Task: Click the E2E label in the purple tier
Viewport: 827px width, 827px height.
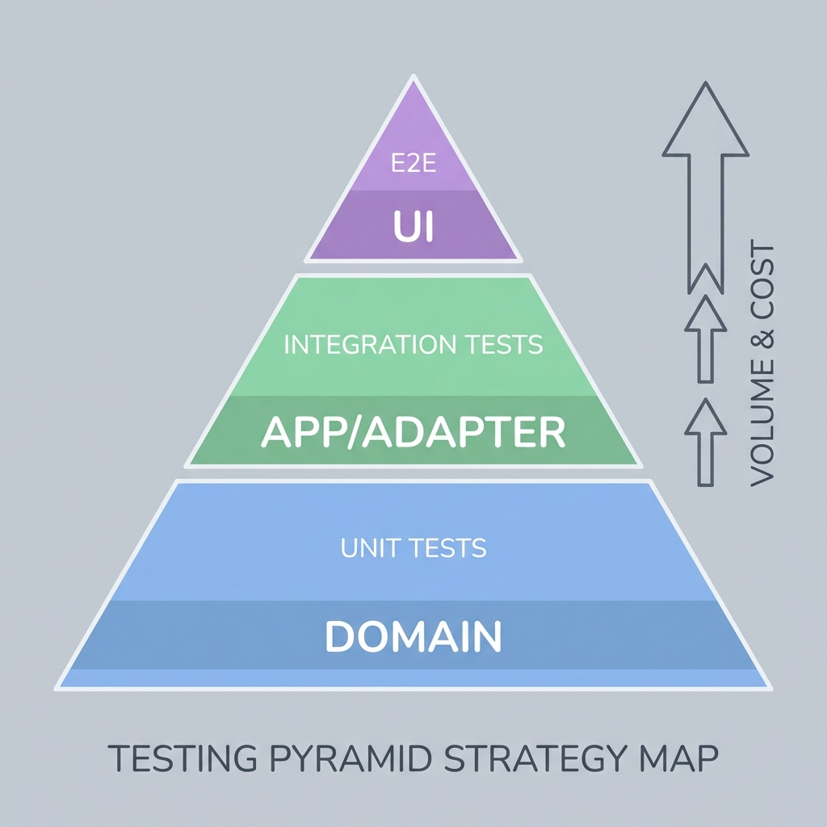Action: tap(413, 165)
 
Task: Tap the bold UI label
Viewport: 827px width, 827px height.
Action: tap(413, 227)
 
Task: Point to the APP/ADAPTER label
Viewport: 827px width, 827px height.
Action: tap(413, 433)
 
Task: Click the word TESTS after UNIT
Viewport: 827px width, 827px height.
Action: tap(447, 549)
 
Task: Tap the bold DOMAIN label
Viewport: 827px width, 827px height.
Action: tap(413, 636)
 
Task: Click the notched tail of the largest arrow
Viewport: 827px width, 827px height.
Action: tap(705, 279)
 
